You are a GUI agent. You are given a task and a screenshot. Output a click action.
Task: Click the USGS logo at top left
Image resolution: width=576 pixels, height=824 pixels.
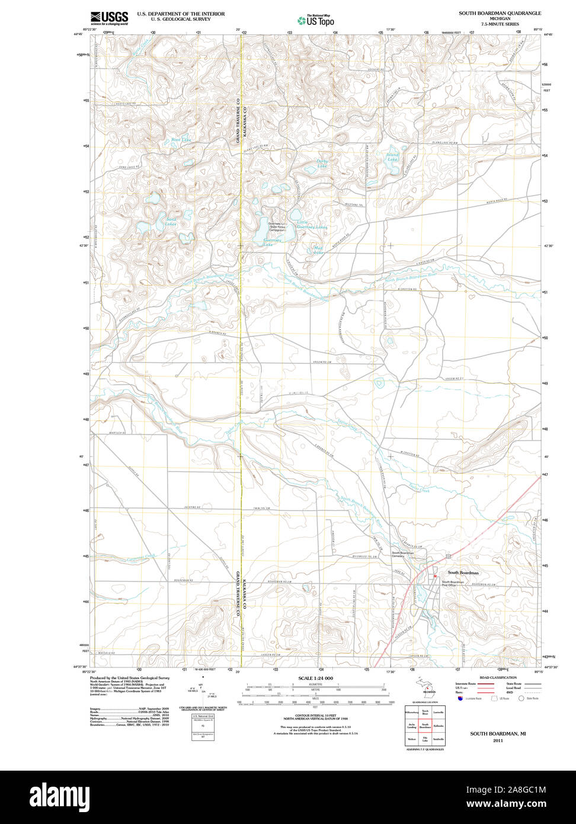pyautogui.click(x=109, y=18)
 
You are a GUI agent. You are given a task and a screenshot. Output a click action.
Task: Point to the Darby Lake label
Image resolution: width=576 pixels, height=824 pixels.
pyautogui.click(x=322, y=164)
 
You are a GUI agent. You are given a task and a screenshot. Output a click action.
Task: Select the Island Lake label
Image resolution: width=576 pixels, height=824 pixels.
pyautogui.click(x=393, y=157)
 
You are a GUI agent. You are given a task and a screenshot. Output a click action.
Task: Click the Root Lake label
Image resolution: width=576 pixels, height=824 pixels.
pyautogui.click(x=181, y=140)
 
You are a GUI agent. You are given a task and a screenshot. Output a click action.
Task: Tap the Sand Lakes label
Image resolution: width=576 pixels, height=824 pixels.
pyautogui.click(x=171, y=222)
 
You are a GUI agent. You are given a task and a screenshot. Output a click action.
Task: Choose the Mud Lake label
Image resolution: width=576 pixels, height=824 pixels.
pyautogui.click(x=319, y=250)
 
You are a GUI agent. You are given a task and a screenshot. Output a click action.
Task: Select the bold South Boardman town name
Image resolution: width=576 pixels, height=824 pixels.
pyautogui.click(x=463, y=573)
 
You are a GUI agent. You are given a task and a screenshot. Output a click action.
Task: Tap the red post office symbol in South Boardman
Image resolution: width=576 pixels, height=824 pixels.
pyautogui.click(x=435, y=576)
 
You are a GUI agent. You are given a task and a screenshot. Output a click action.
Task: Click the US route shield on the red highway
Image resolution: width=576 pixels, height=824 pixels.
pyautogui.click(x=449, y=555)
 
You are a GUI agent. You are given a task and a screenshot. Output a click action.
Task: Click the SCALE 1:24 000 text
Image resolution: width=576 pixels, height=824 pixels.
pyautogui.click(x=315, y=678)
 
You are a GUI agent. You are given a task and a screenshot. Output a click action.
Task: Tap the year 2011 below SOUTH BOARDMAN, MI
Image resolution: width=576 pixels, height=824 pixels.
pyautogui.click(x=498, y=740)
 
